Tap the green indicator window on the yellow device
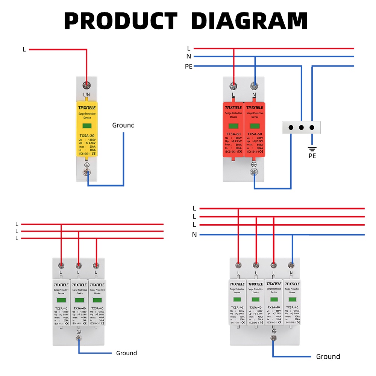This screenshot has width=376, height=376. (x=87, y=127)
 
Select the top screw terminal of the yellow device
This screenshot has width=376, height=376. (x=87, y=85)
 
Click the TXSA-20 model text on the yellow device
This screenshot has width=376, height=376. (x=87, y=136)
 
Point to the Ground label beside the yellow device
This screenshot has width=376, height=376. (x=123, y=125)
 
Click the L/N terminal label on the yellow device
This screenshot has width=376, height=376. (x=87, y=94)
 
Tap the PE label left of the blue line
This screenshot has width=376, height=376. (x=189, y=67)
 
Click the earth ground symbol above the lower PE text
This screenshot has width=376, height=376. (x=312, y=149)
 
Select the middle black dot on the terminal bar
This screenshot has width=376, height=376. (x=301, y=127)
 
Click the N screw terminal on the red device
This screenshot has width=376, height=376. (x=255, y=86)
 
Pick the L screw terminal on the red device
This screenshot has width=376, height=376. (x=233, y=86)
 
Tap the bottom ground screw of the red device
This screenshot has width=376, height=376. (x=255, y=173)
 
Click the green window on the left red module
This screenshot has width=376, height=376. (x=233, y=127)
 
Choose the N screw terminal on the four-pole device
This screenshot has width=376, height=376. (x=291, y=265)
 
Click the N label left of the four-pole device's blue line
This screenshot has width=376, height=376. (x=194, y=235)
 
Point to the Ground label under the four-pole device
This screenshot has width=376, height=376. (x=328, y=356)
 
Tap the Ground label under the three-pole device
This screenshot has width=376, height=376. (x=126, y=353)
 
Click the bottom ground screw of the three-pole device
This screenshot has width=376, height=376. (x=79, y=338)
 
